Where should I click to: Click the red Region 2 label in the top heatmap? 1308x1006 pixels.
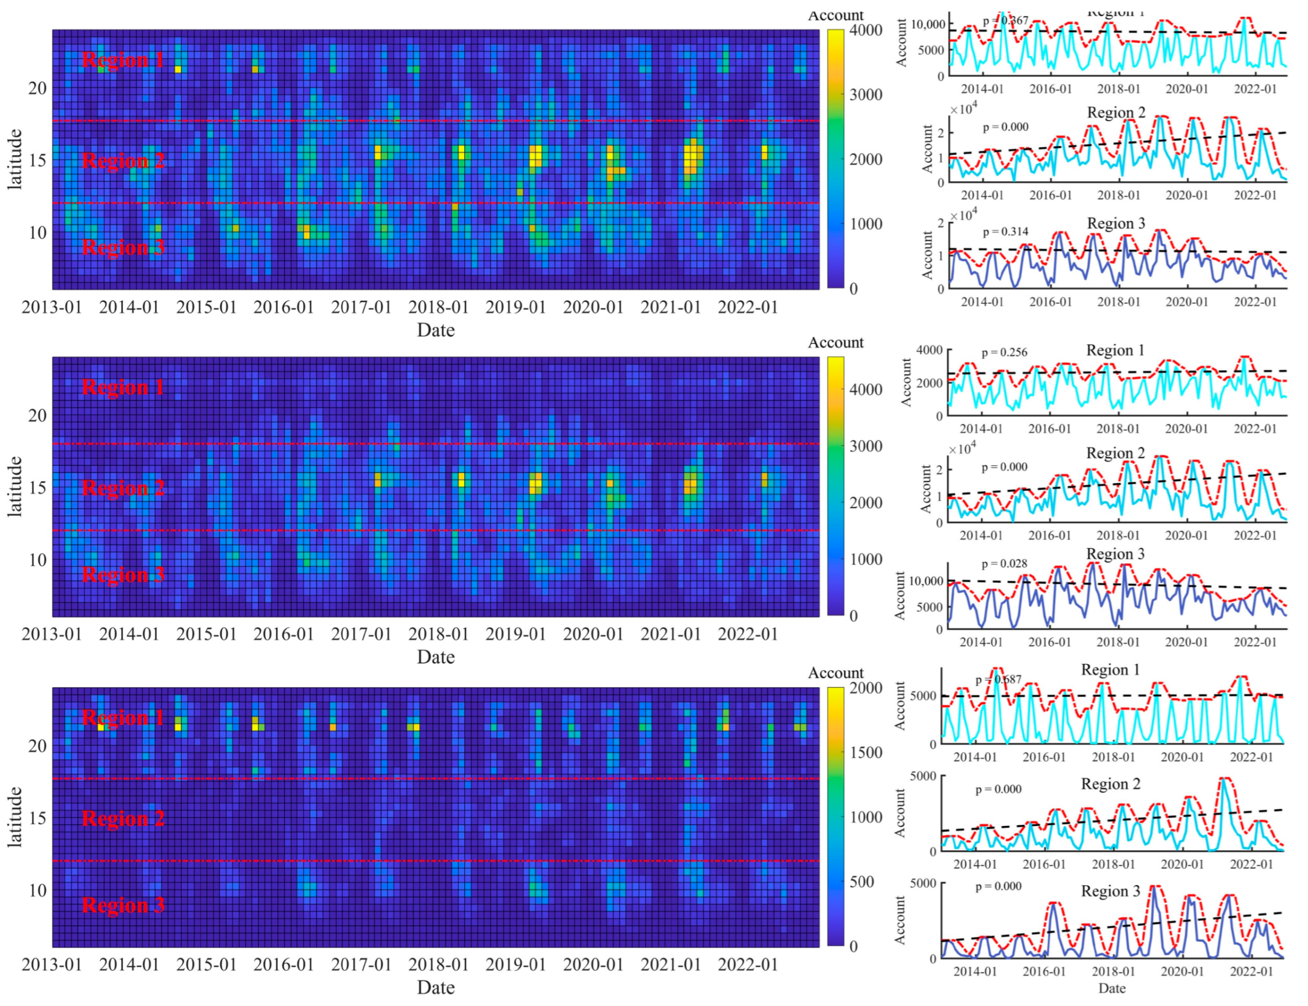[123, 160]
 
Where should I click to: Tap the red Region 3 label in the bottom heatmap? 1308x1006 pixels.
[123, 905]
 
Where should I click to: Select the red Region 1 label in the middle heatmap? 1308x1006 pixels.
[123, 387]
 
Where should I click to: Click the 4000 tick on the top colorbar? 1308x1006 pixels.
[866, 30]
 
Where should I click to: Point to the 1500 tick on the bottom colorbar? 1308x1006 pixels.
[866, 753]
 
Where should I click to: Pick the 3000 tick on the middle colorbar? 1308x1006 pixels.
[866, 446]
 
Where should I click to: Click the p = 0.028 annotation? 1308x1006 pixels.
[1004, 563]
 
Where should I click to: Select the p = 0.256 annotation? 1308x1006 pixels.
[1004, 352]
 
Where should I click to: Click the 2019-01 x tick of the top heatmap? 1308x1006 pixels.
[516, 307]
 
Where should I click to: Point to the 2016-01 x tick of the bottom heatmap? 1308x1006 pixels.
[283, 965]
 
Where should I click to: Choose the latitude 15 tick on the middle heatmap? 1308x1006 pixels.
[37, 488]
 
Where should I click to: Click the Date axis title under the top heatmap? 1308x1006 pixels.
[435, 330]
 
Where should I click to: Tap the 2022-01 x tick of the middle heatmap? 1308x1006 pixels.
[747, 634]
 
